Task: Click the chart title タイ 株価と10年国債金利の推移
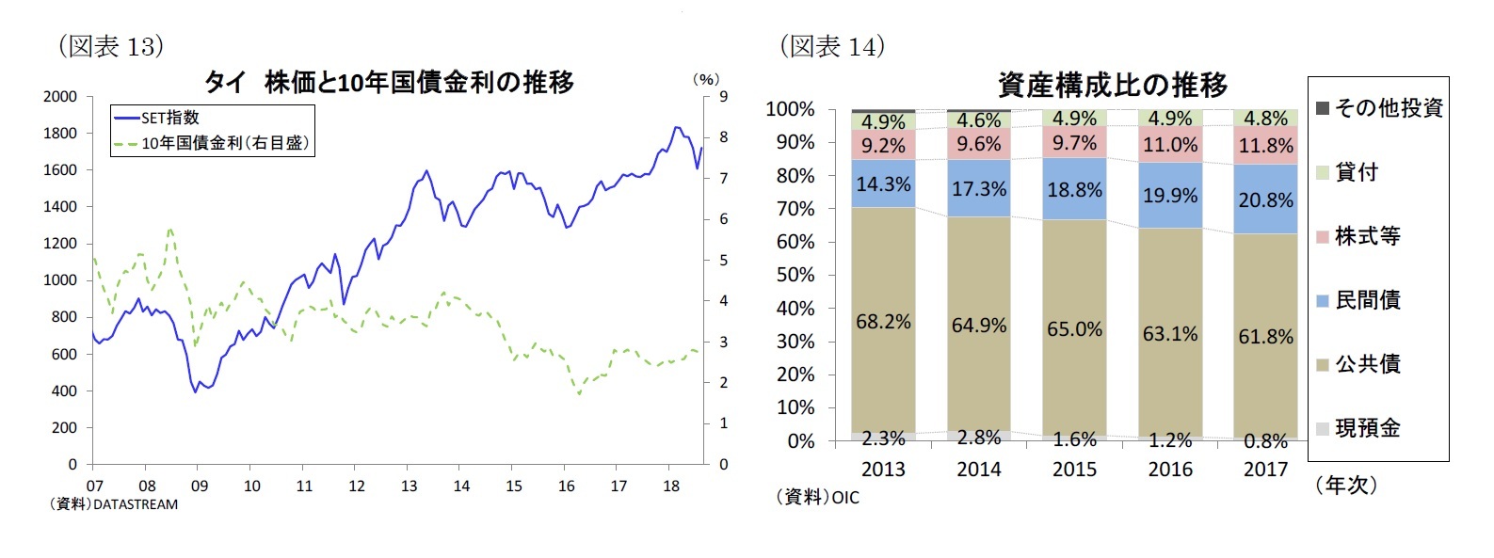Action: [389, 83]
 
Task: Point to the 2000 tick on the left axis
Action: [60, 96]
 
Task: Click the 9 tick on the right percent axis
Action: [723, 96]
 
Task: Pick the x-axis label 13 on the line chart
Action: [409, 486]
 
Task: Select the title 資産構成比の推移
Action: [1113, 86]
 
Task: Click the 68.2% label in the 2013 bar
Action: [883, 322]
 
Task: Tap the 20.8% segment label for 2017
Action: [1265, 200]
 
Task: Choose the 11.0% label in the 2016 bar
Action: [1170, 145]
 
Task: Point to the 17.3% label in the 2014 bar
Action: [979, 189]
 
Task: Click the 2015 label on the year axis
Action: [1074, 469]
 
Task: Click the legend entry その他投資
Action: [1388, 108]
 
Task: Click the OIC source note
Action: [818, 497]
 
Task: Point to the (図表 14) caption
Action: [831, 46]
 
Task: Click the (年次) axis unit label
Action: [1346, 485]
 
